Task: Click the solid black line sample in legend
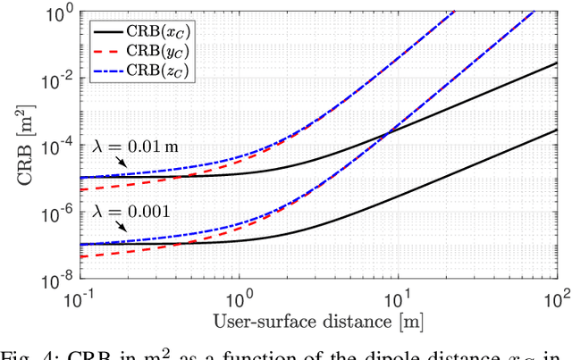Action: pyautogui.click(x=107, y=31)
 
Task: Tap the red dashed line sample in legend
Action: pyautogui.click(x=107, y=51)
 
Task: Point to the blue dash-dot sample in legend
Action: pyautogui.click(x=107, y=70)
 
